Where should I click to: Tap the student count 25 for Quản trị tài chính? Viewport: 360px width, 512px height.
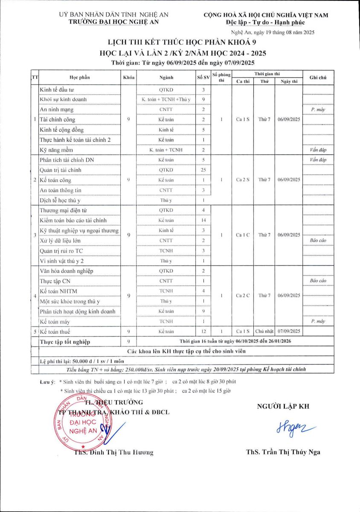[204, 170]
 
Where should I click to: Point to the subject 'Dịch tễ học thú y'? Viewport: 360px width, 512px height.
[61, 200]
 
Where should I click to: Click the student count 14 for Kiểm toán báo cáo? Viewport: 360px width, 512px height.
[204, 220]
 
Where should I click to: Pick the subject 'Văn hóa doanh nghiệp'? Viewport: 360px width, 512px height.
[66, 271]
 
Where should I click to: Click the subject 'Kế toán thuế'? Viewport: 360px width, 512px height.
[55, 331]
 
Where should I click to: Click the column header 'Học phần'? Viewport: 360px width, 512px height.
[80, 78]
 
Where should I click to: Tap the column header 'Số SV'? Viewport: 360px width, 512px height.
[203, 78]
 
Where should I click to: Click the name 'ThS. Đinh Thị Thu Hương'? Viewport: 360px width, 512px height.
[113, 452]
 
